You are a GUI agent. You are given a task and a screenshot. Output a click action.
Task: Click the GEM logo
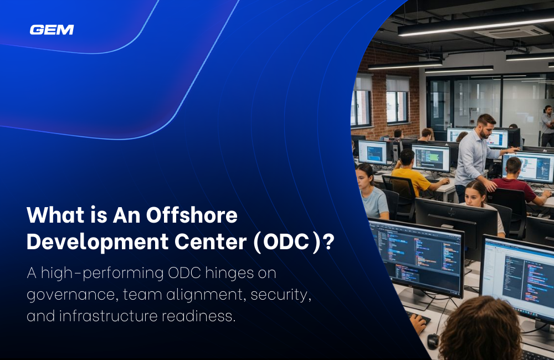tap(52, 30)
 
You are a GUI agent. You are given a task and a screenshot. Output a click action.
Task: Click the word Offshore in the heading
tap(192, 215)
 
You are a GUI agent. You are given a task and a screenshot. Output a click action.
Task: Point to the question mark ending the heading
tap(328, 242)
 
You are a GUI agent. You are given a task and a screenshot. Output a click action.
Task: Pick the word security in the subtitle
tap(280, 295)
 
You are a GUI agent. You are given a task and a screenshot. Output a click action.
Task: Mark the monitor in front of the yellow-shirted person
tap(431, 158)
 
